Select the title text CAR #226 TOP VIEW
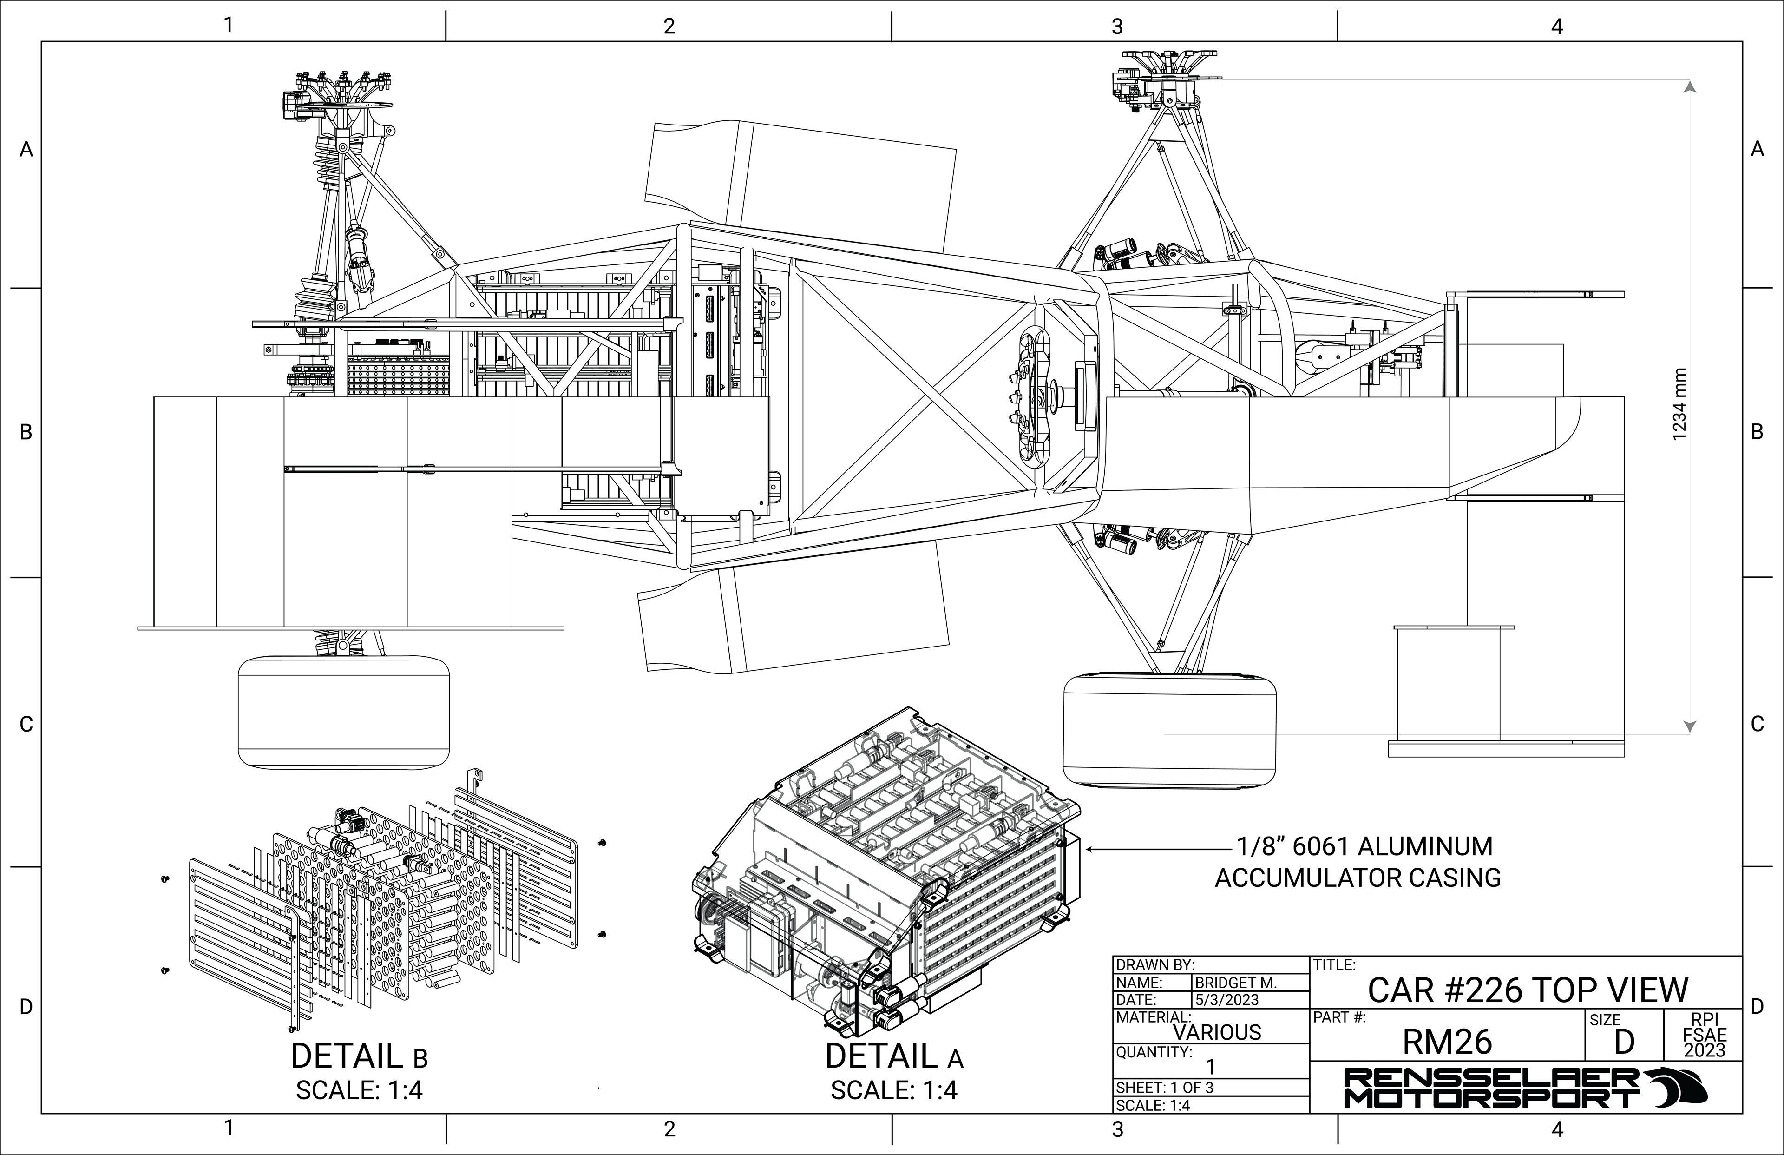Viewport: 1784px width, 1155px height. coord(1528,990)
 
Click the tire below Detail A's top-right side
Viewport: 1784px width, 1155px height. coord(1169,729)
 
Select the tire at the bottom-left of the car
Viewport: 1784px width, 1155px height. coord(343,712)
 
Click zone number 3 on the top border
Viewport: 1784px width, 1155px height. coord(1117,26)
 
